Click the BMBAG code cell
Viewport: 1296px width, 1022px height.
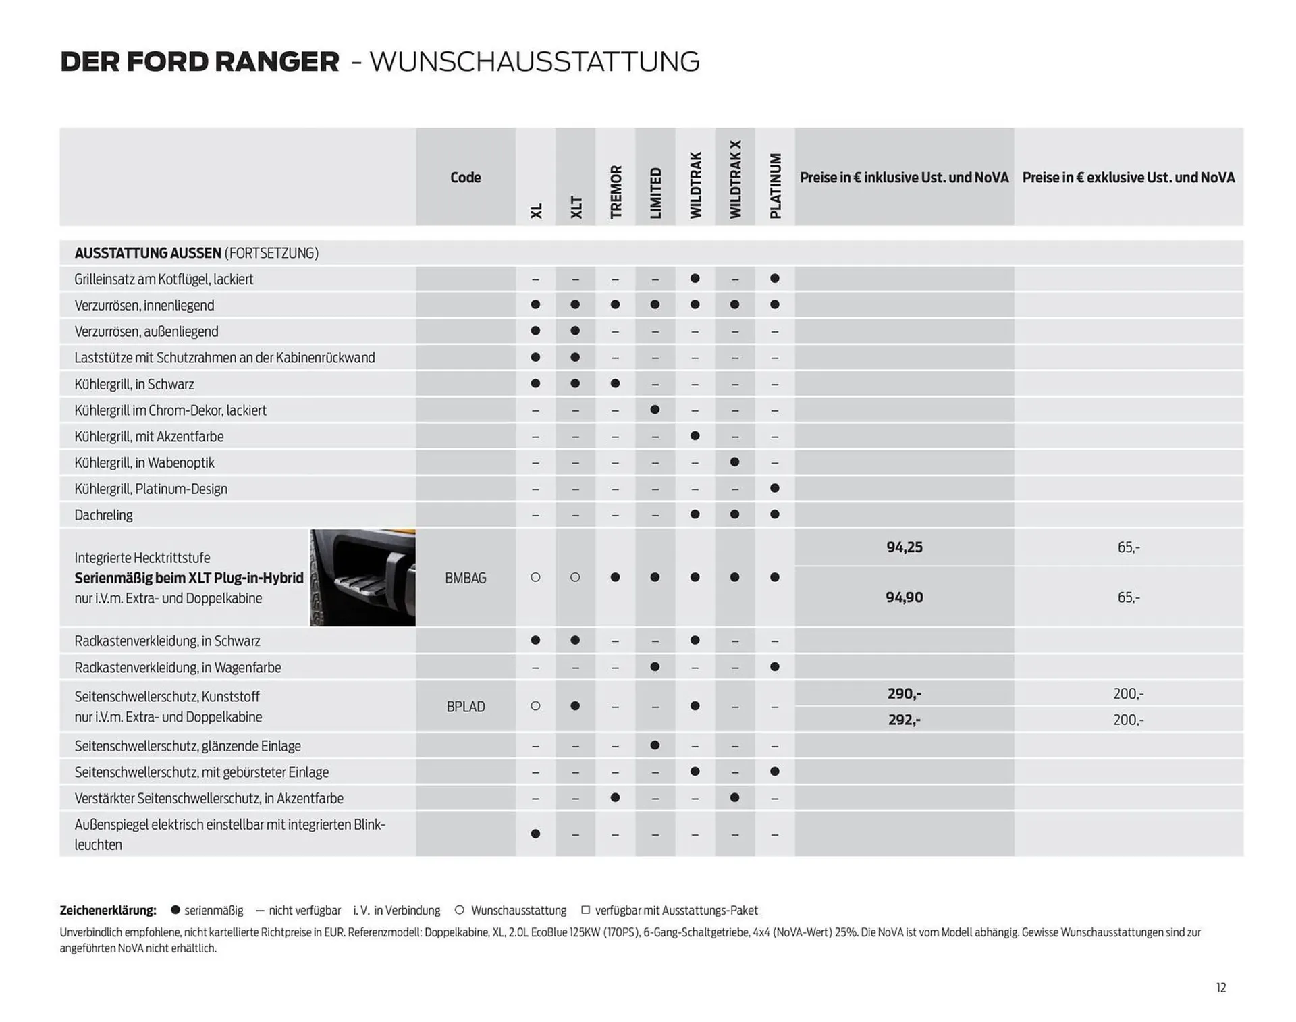coord(465,578)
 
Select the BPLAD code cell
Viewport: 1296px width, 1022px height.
coord(465,707)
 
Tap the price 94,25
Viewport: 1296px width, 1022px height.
coord(904,547)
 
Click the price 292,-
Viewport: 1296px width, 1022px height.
coord(904,720)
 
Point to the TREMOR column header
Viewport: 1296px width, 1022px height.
coord(616,192)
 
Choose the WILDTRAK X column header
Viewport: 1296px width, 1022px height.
coord(735,180)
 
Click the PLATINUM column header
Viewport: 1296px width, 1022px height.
coord(775,186)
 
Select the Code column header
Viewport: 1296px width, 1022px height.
coord(465,178)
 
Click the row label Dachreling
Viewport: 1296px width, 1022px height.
coord(103,515)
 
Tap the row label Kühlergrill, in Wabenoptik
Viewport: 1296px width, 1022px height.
coord(144,463)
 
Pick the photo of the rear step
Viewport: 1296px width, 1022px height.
coord(362,578)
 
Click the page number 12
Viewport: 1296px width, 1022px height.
coord(1220,988)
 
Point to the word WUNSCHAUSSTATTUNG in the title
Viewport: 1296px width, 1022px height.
coord(535,61)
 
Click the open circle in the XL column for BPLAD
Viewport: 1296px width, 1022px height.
coord(535,706)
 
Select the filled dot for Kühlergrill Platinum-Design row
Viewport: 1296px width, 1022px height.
coord(775,488)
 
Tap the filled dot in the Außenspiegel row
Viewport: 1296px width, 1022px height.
coord(535,834)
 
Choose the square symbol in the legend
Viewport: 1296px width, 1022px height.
coord(585,910)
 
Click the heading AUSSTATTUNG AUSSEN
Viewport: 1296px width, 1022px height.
coord(148,253)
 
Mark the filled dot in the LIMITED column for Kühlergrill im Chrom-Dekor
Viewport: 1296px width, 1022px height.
coord(655,410)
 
